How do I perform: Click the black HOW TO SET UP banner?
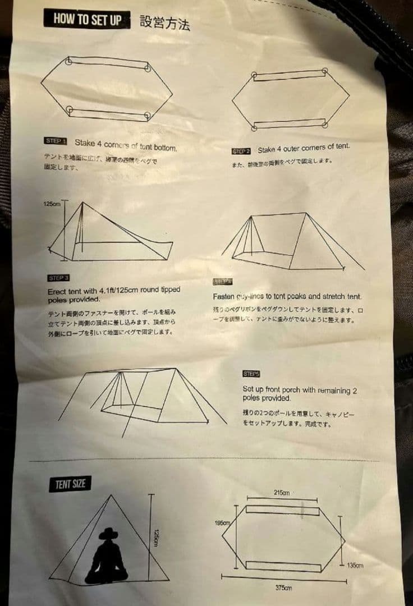(x=87, y=19)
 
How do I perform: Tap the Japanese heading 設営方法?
(x=165, y=23)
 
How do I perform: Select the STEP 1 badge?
(x=56, y=141)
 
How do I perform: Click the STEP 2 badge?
(x=241, y=151)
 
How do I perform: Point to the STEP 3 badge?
(x=59, y=278)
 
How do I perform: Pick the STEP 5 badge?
(x=251, y=374)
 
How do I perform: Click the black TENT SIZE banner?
(x=70, y=484)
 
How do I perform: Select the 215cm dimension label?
(x=282, y=493)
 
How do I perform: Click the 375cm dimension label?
(x=283, y=587)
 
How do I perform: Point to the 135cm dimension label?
(x=355, y=565)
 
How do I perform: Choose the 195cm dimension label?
(x=222, y=523)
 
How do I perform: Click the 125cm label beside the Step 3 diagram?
(x=52, y=204)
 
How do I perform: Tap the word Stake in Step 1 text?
(x=85, y=143)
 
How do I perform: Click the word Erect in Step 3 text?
(x=57, y=291)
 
